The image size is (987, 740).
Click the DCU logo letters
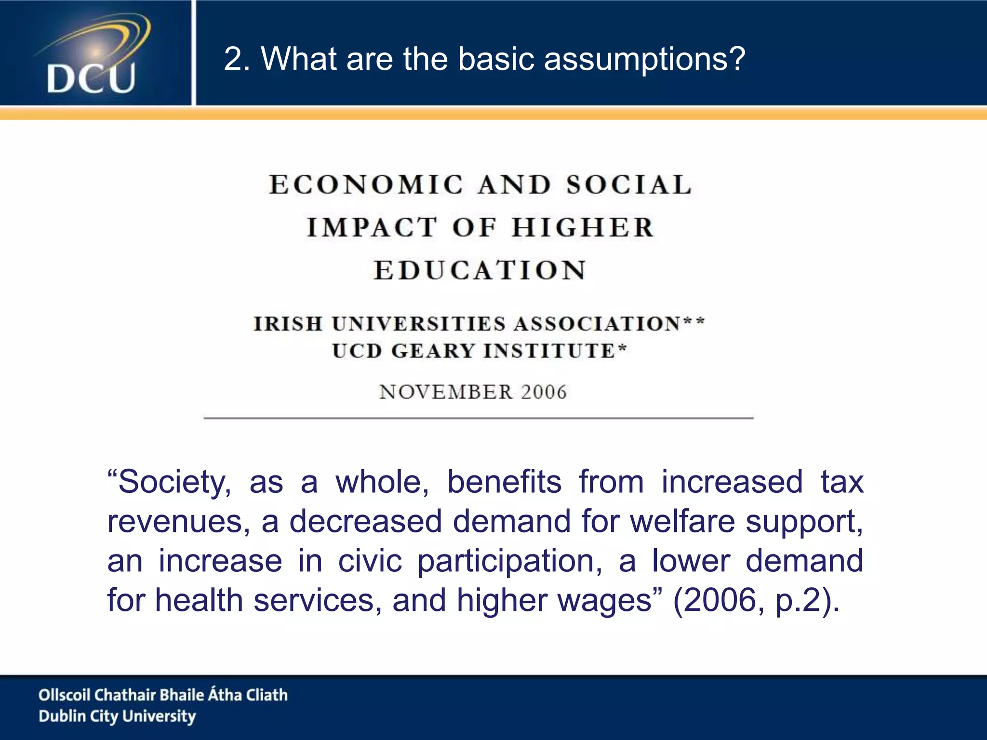pos(91,79)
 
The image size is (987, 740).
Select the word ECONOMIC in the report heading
pos(366,185)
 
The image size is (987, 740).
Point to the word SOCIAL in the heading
pos(629,185)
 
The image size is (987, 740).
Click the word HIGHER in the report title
pos(583,227)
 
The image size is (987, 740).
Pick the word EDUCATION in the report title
pos(480,270)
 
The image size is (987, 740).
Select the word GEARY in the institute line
pos(433,351)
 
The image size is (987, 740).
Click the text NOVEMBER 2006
pos(473,392)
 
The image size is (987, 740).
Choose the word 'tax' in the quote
pos(842,482)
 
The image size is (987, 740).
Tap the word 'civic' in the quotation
pos(370,561)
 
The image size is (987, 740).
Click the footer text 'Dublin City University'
pos(117,716)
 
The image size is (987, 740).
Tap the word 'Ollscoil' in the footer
pos(64,695)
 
